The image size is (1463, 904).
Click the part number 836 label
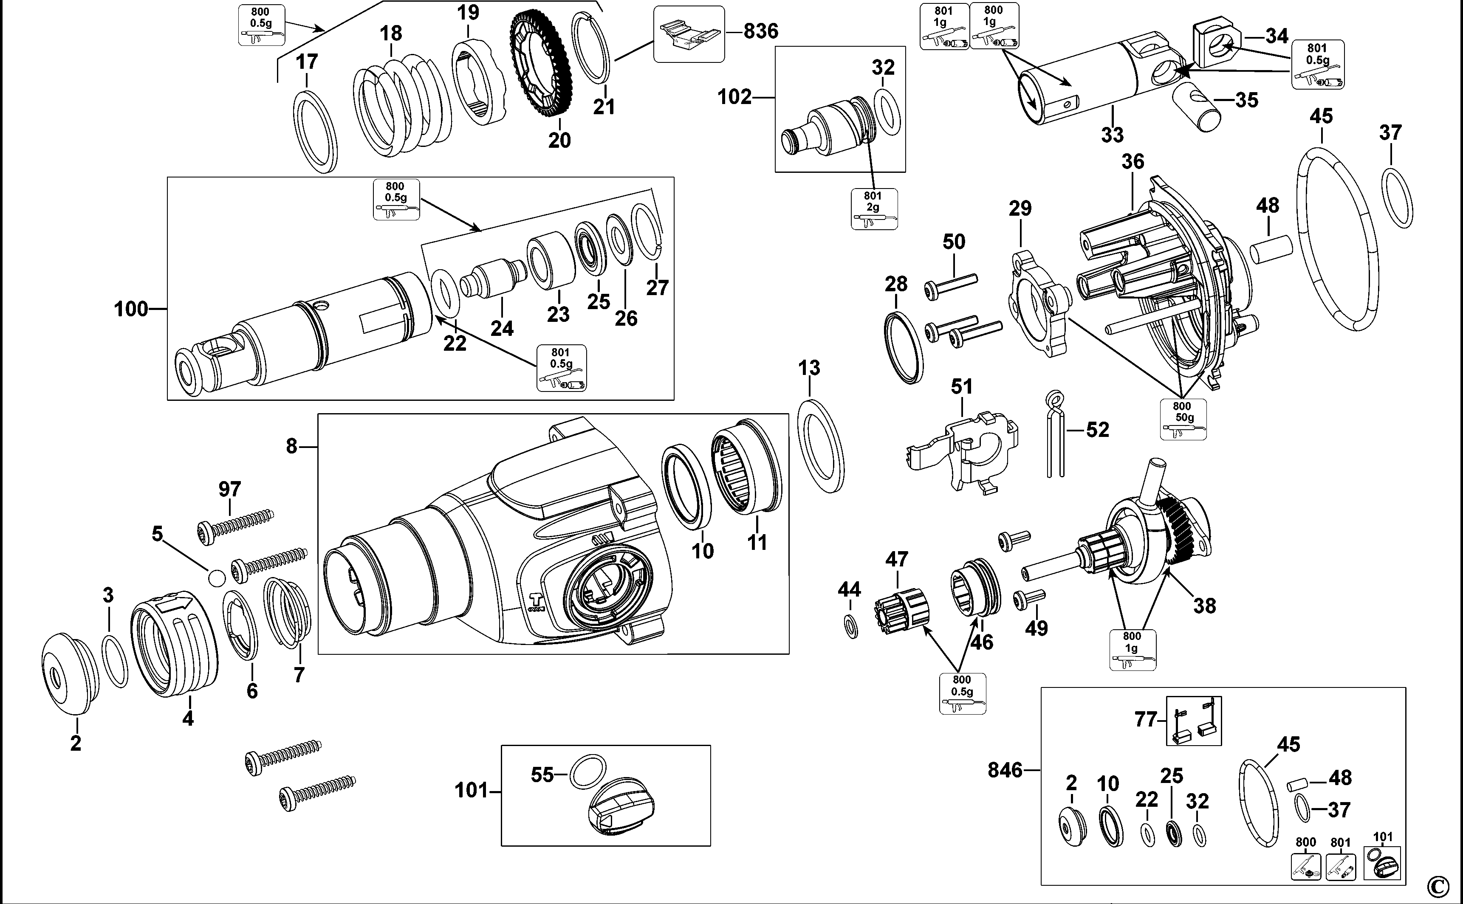[x=761, y=31]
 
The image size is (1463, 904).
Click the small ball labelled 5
[x=216, y=577]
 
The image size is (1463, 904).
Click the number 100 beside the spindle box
[x=130, y=309]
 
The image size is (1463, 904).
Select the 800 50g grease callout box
[x=1183, y=419]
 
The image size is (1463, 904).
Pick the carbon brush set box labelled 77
[x=1194, y=721]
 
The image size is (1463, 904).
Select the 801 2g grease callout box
[x=874, y=208]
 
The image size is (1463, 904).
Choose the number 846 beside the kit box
[x=1005, y=770]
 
